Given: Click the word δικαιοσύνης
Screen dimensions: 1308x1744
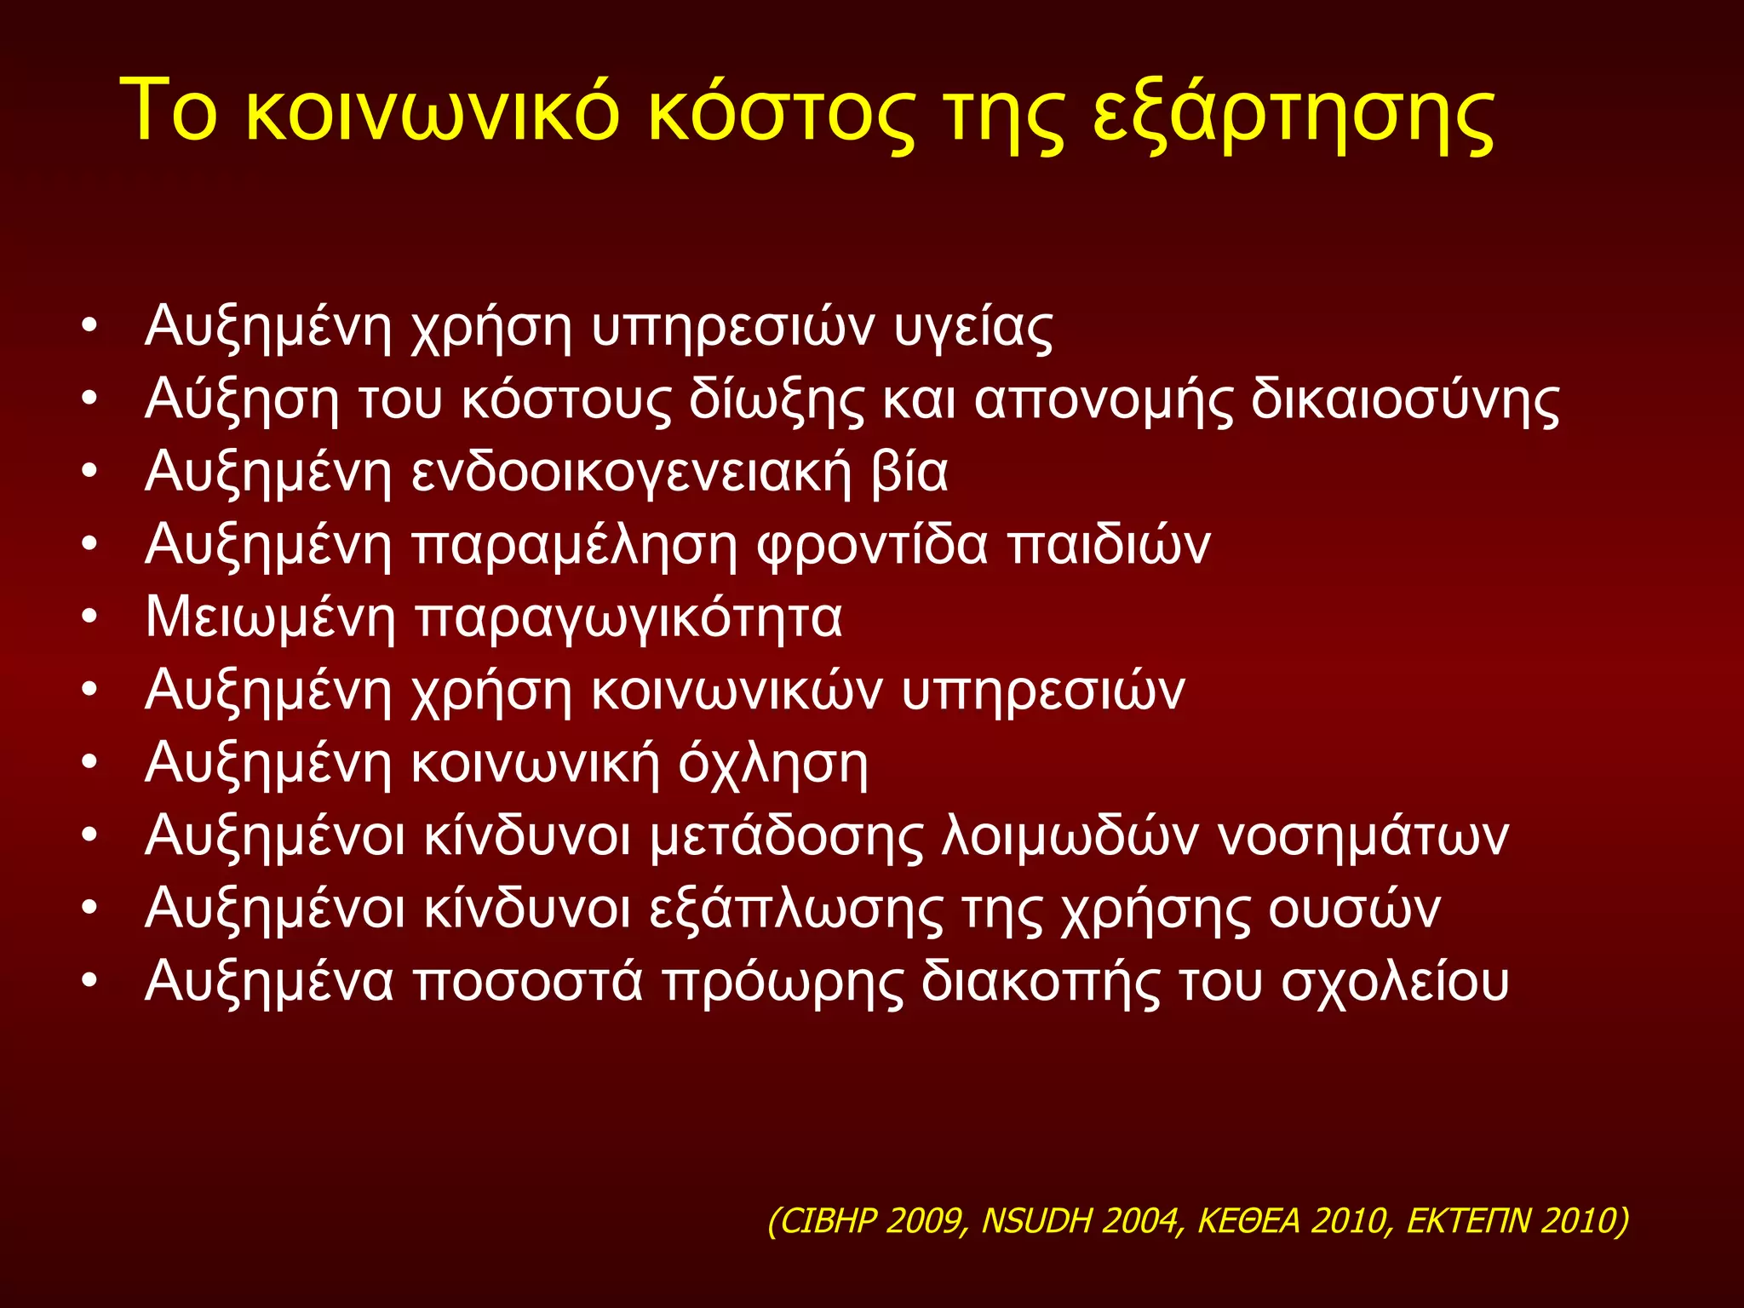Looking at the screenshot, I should click(1405, 400).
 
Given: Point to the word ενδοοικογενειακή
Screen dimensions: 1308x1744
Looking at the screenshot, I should click(631, 473).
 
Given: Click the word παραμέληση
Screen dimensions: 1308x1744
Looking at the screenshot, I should click(575, 545).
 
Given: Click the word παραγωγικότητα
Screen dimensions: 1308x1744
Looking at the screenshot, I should click(628, 618).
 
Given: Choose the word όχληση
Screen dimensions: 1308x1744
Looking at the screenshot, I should click(772, 764).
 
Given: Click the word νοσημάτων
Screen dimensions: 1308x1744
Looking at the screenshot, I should click(1363, 836).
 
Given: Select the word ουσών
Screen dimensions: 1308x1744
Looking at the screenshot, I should click(1354, 909).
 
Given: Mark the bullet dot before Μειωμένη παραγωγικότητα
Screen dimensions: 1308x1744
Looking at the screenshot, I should click(90, 618).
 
